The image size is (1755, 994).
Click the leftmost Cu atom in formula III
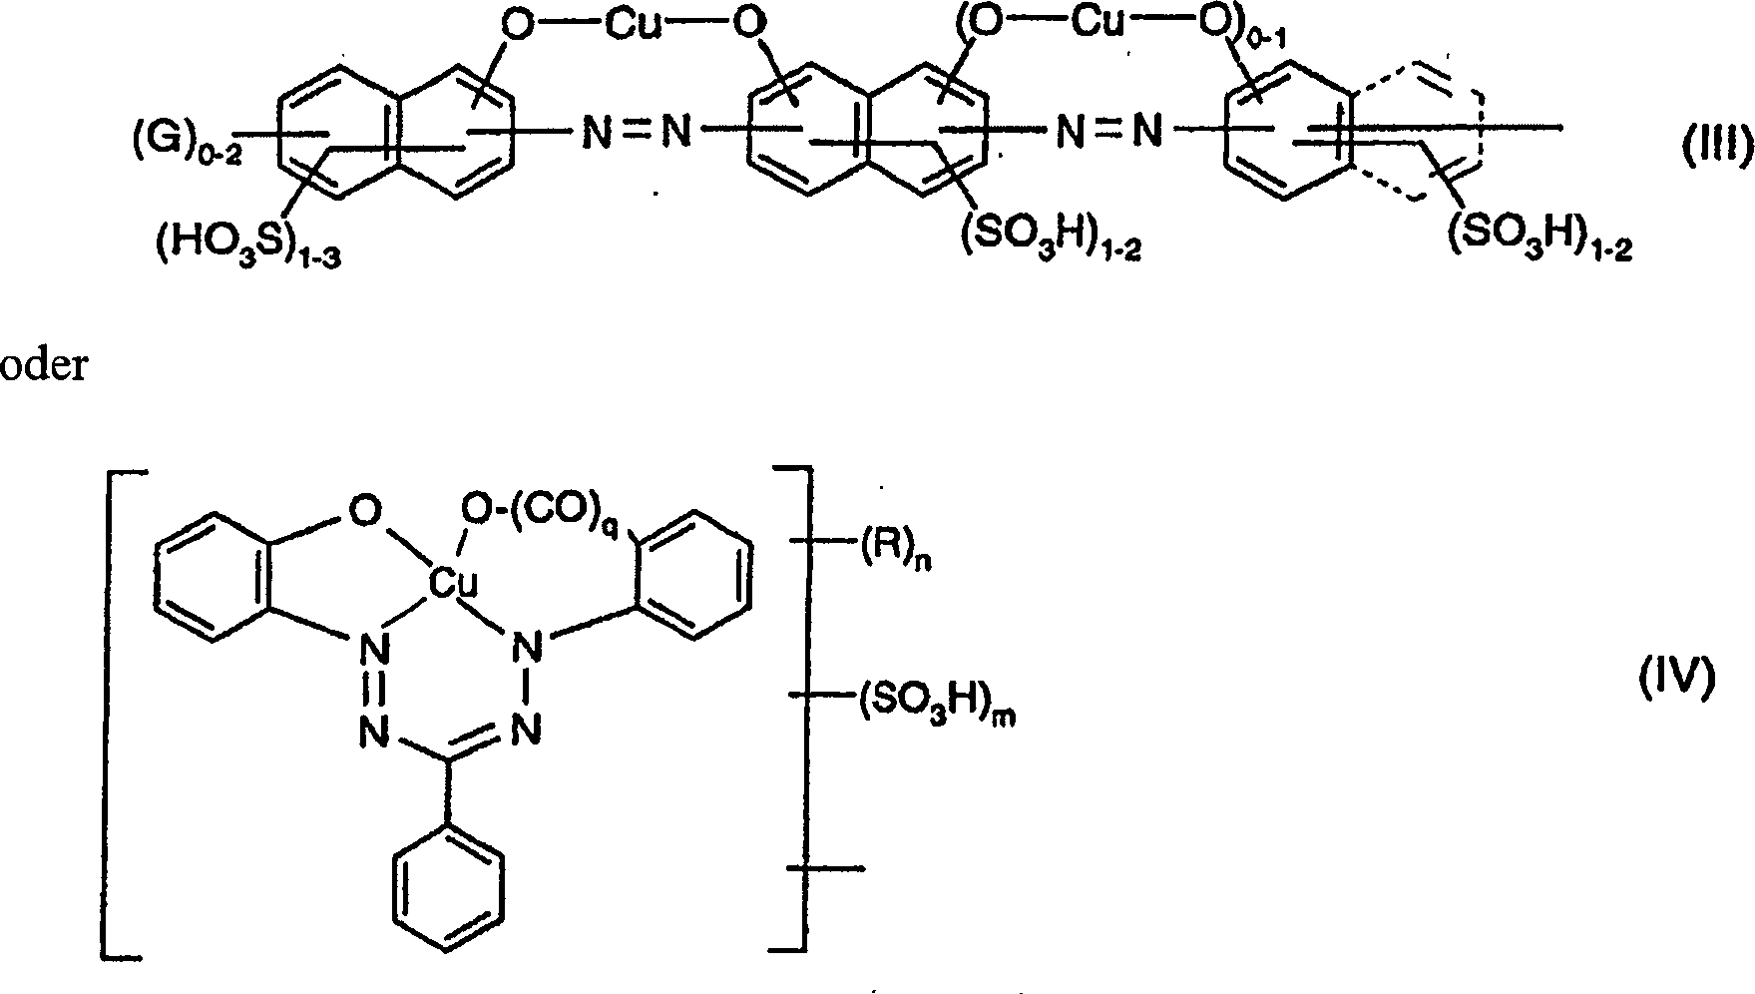pyautogui.click(x=635, y=24)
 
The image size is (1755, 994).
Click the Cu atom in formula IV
pyautogui.click(x=453, y=581)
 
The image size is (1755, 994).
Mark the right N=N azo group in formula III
pyautogui.click(x=1109, y=131)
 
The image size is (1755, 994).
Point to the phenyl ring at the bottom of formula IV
pyautogui.click(x=446, y=887)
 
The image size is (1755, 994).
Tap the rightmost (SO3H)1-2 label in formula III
pyautogui.click(x=1539, y=237)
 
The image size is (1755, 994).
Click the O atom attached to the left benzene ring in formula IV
pyautogui.click(x=365, y=512)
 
